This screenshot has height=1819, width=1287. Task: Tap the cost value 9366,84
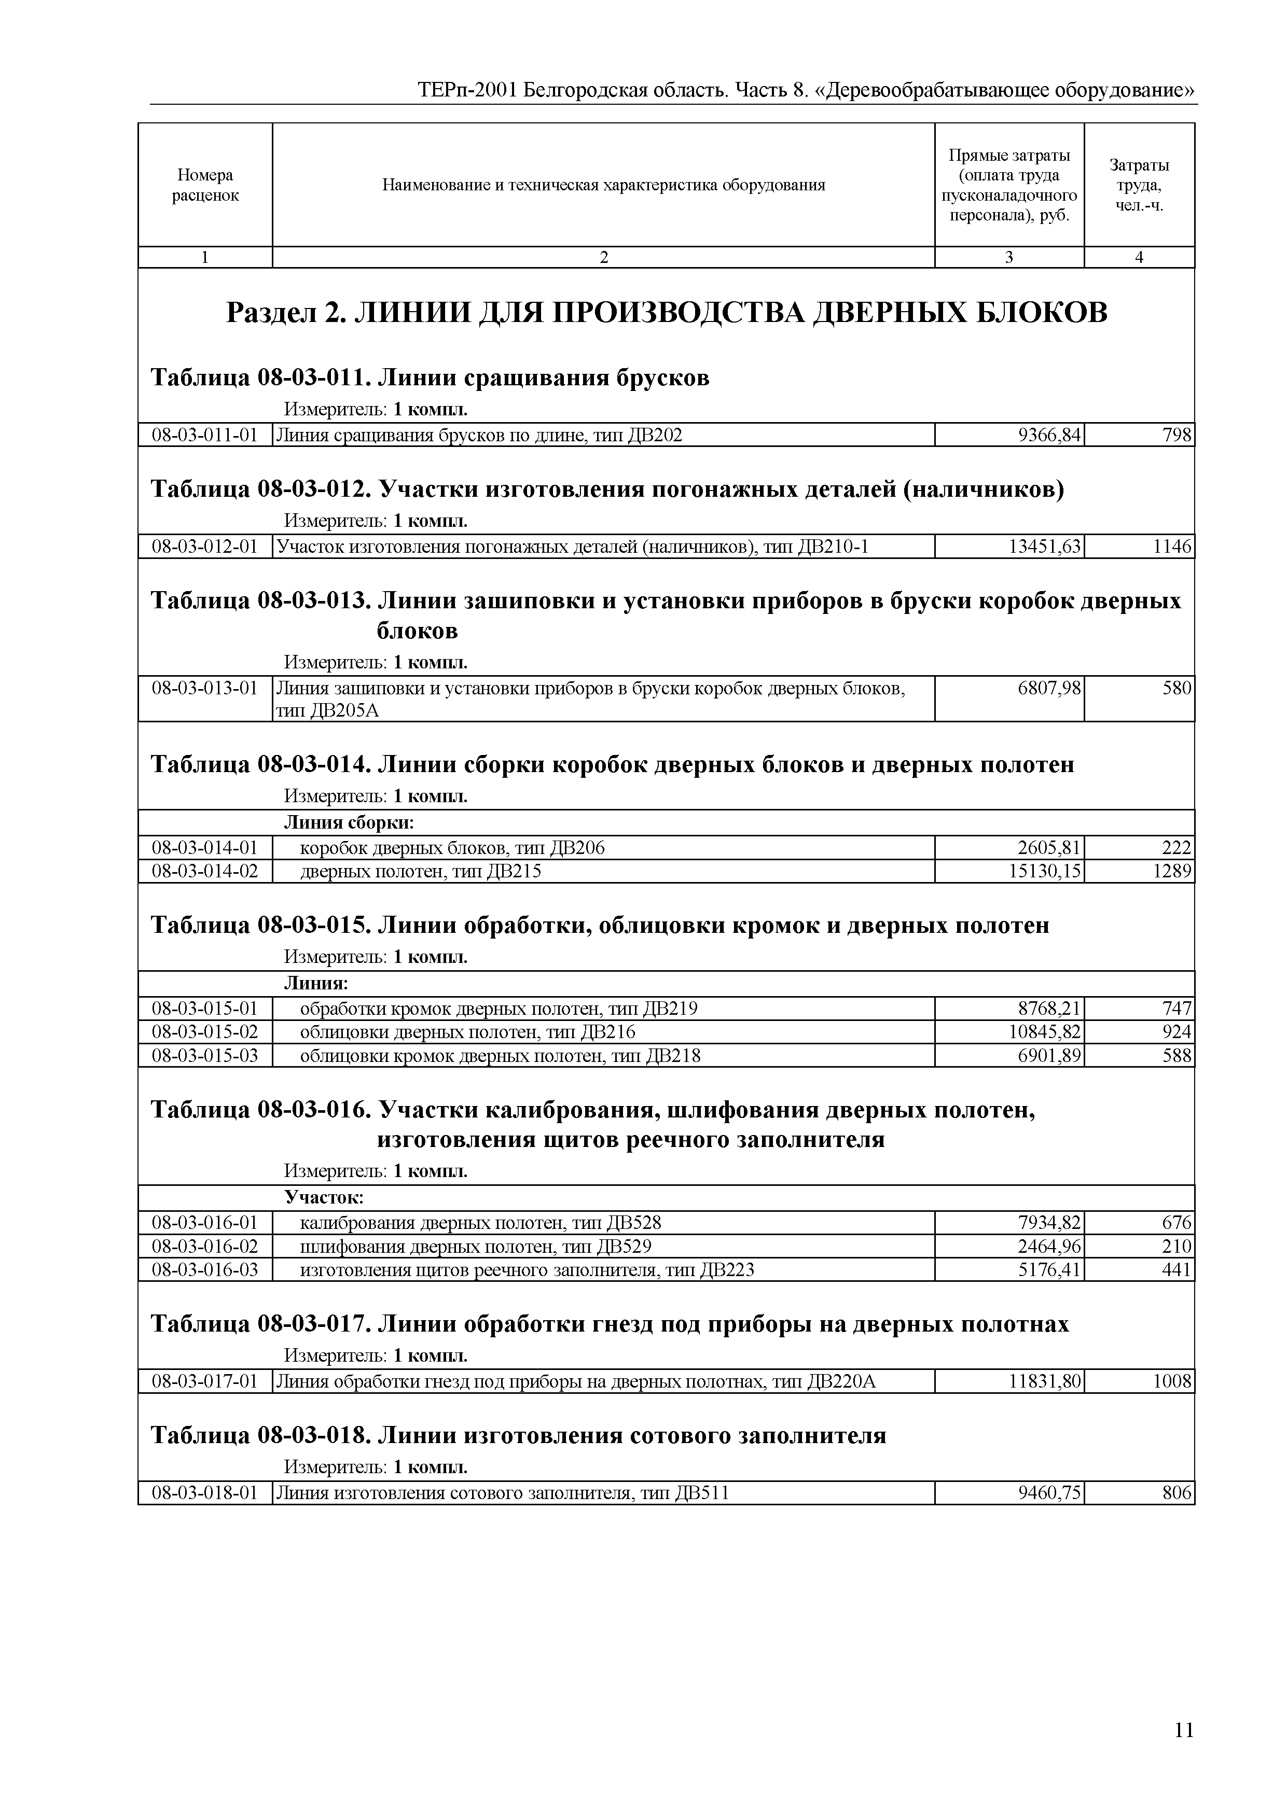coord(1049,435)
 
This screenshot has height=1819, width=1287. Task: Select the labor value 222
coord(1177,848)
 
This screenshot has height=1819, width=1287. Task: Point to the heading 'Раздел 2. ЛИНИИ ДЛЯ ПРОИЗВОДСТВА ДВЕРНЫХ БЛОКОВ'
coord(667,313)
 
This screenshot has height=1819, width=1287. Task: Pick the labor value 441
coord(1177,1270)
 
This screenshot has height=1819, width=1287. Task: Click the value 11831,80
coord(1045,1382)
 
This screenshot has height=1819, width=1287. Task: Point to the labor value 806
coord(1177,1493)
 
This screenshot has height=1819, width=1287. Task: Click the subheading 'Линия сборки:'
coord(349,823)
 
